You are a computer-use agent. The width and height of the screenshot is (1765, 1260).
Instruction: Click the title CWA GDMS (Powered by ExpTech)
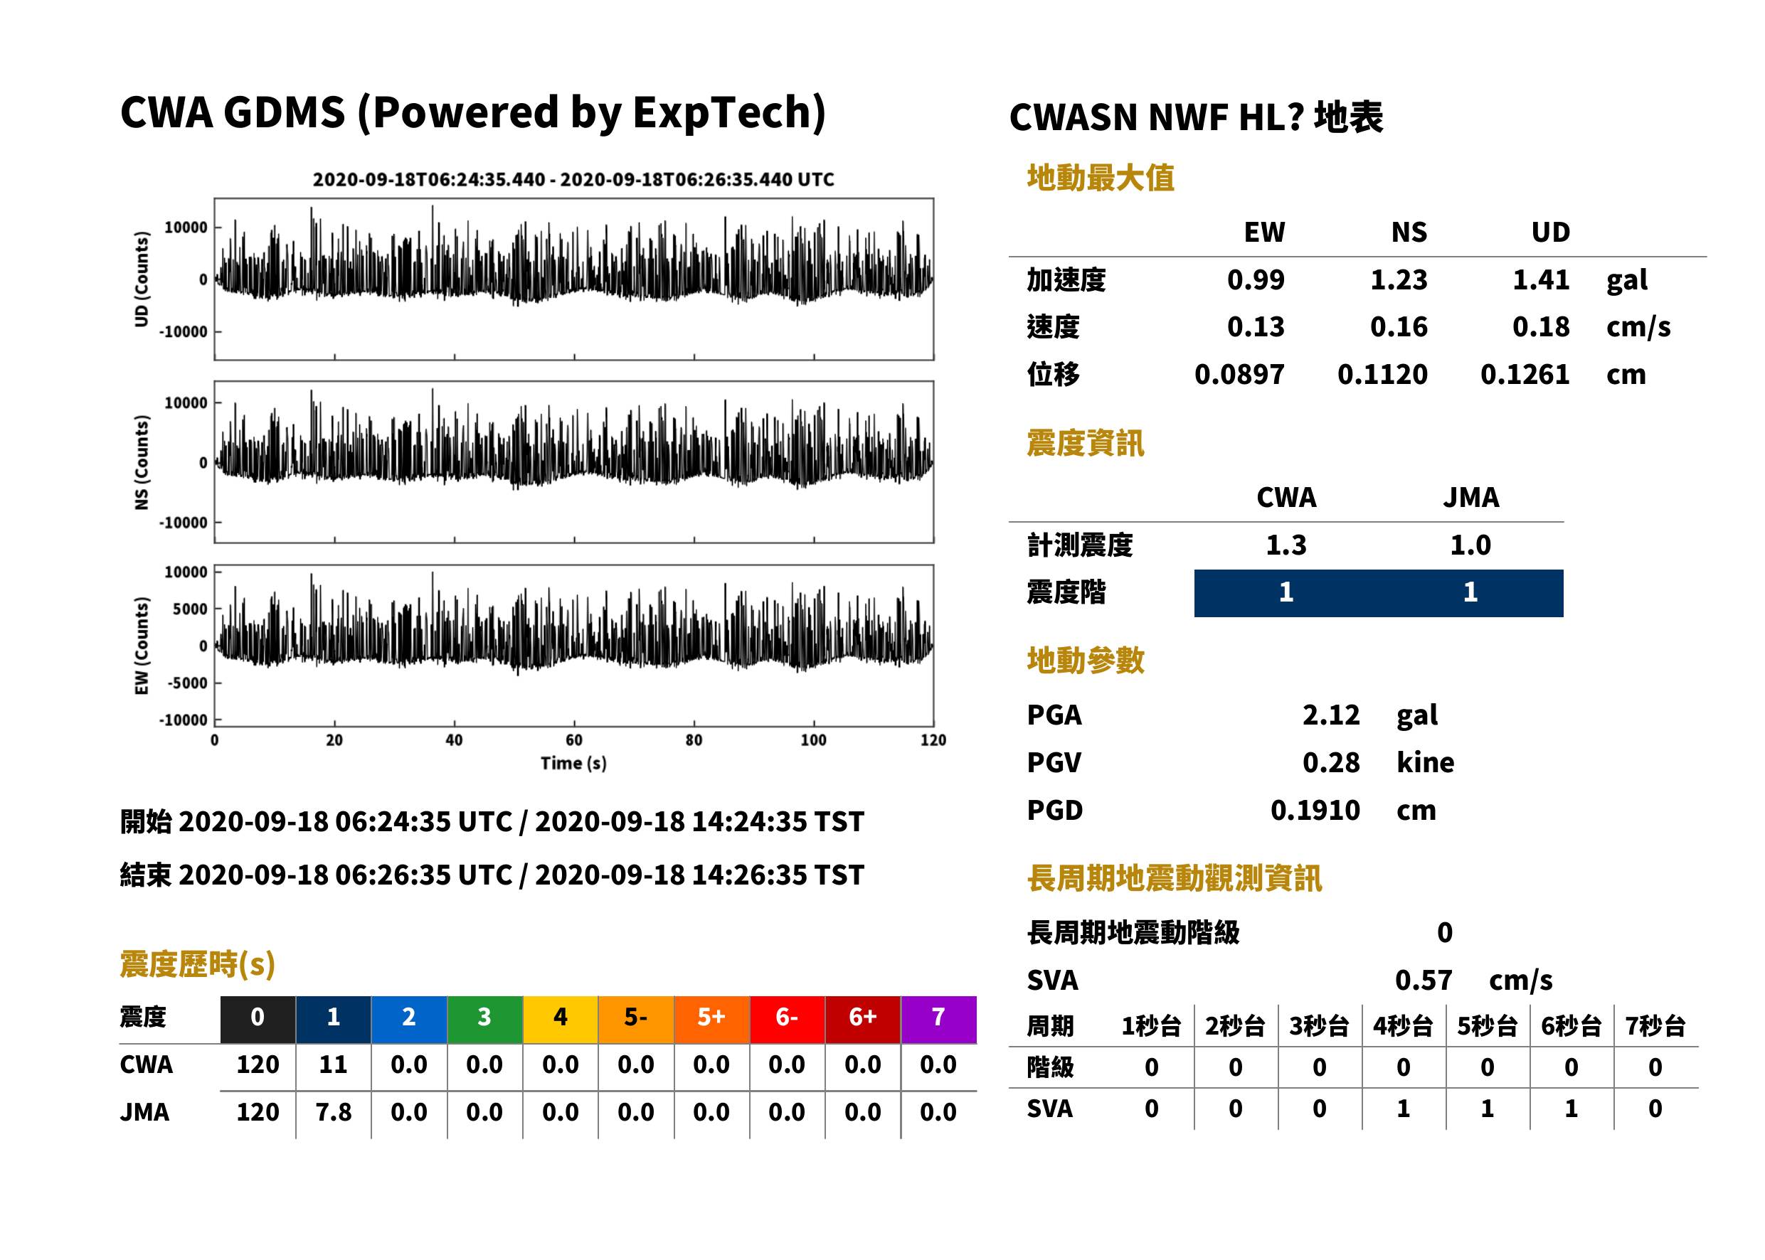click(x=472, y=113)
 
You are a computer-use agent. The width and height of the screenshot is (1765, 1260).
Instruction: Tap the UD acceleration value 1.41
click(x=1541, y=280)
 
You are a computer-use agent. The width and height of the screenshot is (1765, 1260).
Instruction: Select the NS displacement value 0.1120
click(x=1382, y=375)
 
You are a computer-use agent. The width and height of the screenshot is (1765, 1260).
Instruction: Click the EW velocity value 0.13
click(x=1255, y=327)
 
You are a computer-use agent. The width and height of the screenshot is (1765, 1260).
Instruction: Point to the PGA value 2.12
click(x=1330, y=715)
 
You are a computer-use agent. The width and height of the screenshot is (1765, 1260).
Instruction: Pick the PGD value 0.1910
click(x=1315, y=810)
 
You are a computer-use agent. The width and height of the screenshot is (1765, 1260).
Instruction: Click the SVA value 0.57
click(x=1424, y=981)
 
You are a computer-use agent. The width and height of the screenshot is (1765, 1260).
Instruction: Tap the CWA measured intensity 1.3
click(x=1286, y=545)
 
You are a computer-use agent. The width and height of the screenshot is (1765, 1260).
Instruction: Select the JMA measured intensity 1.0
click(x=1470, y=545)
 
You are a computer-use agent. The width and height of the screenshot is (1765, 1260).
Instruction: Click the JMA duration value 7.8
click(x=333, y=1113)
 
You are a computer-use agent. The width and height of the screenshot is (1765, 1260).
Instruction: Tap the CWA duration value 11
click(x=333, y=1064)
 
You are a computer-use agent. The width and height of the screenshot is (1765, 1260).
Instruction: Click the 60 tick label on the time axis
click(x=573, y=740)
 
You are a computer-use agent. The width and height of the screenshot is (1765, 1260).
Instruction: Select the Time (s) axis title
click(x=573, y=764)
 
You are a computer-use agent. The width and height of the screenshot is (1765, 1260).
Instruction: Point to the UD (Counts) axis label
click(x=142, y=279)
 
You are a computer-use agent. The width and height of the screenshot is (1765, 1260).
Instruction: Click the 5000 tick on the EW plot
click(x=190, y=609)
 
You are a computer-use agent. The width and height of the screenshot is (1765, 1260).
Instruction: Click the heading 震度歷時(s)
click(x=198, y=964)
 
